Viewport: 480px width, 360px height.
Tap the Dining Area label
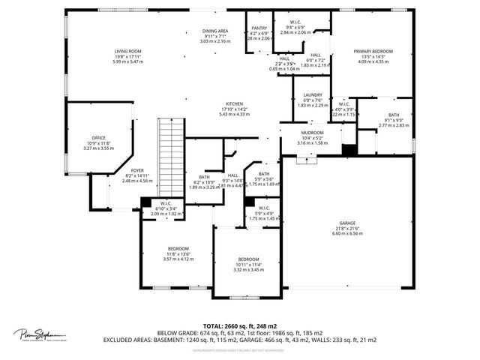click(215, 31)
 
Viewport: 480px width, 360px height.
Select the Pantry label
click(259, 28)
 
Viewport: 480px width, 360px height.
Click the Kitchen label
click(235, 104)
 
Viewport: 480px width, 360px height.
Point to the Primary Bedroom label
click(373, 52)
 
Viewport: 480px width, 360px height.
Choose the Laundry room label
click(312, 95)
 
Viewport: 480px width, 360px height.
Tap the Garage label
click(346, 224)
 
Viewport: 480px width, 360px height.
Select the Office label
click(98, 138)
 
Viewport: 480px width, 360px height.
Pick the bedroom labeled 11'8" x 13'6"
click(178, 248)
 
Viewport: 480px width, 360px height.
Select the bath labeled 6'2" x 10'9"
click(204, 177)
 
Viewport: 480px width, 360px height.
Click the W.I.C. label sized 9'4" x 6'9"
click(294, 23)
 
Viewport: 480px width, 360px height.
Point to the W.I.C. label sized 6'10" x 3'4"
click(166, 204)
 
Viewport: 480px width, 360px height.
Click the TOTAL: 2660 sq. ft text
click(240, 326)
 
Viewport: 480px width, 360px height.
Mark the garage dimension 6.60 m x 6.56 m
click(346, 233)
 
